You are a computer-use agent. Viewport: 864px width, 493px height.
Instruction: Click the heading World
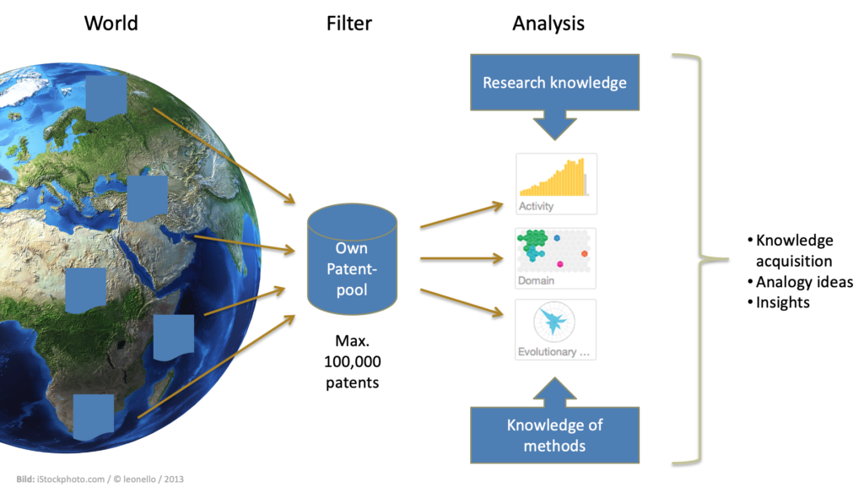(111, 23)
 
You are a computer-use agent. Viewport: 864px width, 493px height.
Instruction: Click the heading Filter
(348, 23)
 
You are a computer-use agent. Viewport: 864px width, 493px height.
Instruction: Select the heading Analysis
(548, 23)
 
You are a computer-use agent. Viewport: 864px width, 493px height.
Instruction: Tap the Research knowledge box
(554, 83)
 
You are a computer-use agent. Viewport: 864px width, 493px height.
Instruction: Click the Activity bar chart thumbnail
(556, 183)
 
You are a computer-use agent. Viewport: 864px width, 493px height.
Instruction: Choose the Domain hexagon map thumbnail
(556, 257)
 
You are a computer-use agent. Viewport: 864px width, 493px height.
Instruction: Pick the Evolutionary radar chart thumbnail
(556, 329)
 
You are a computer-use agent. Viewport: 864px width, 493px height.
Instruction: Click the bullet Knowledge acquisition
(793, 251)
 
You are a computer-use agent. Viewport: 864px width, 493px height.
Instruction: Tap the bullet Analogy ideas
(802, 282)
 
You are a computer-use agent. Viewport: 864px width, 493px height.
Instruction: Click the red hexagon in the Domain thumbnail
(585, 252)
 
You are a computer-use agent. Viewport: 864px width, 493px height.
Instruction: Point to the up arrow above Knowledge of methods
(554, 388)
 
